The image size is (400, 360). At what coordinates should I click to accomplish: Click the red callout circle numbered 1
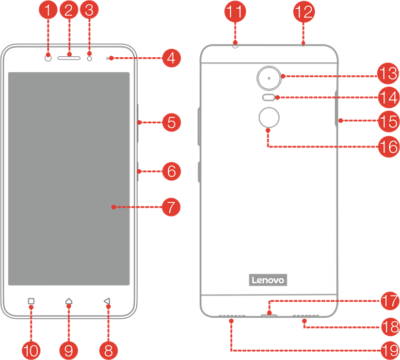47,10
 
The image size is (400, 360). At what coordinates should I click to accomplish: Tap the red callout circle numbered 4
171,58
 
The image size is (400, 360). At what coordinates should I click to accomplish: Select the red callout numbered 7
171,207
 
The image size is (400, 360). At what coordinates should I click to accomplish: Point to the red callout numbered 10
31,351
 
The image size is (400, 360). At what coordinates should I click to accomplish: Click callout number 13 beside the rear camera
388,73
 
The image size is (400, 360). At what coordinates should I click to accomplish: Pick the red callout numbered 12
304,12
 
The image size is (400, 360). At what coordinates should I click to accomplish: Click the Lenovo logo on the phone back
268,280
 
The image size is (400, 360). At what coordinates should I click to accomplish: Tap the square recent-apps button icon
31,301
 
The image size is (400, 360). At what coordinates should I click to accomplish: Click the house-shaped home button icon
69,301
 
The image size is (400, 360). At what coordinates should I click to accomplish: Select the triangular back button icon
107,301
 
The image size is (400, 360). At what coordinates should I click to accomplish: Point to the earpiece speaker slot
69,58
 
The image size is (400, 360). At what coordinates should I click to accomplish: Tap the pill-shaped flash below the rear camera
268,97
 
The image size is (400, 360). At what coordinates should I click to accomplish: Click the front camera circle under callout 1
48,58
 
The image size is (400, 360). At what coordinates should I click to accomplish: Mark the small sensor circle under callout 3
89,58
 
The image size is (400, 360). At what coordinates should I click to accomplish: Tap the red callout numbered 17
390,301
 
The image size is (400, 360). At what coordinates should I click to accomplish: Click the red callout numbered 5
171,122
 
